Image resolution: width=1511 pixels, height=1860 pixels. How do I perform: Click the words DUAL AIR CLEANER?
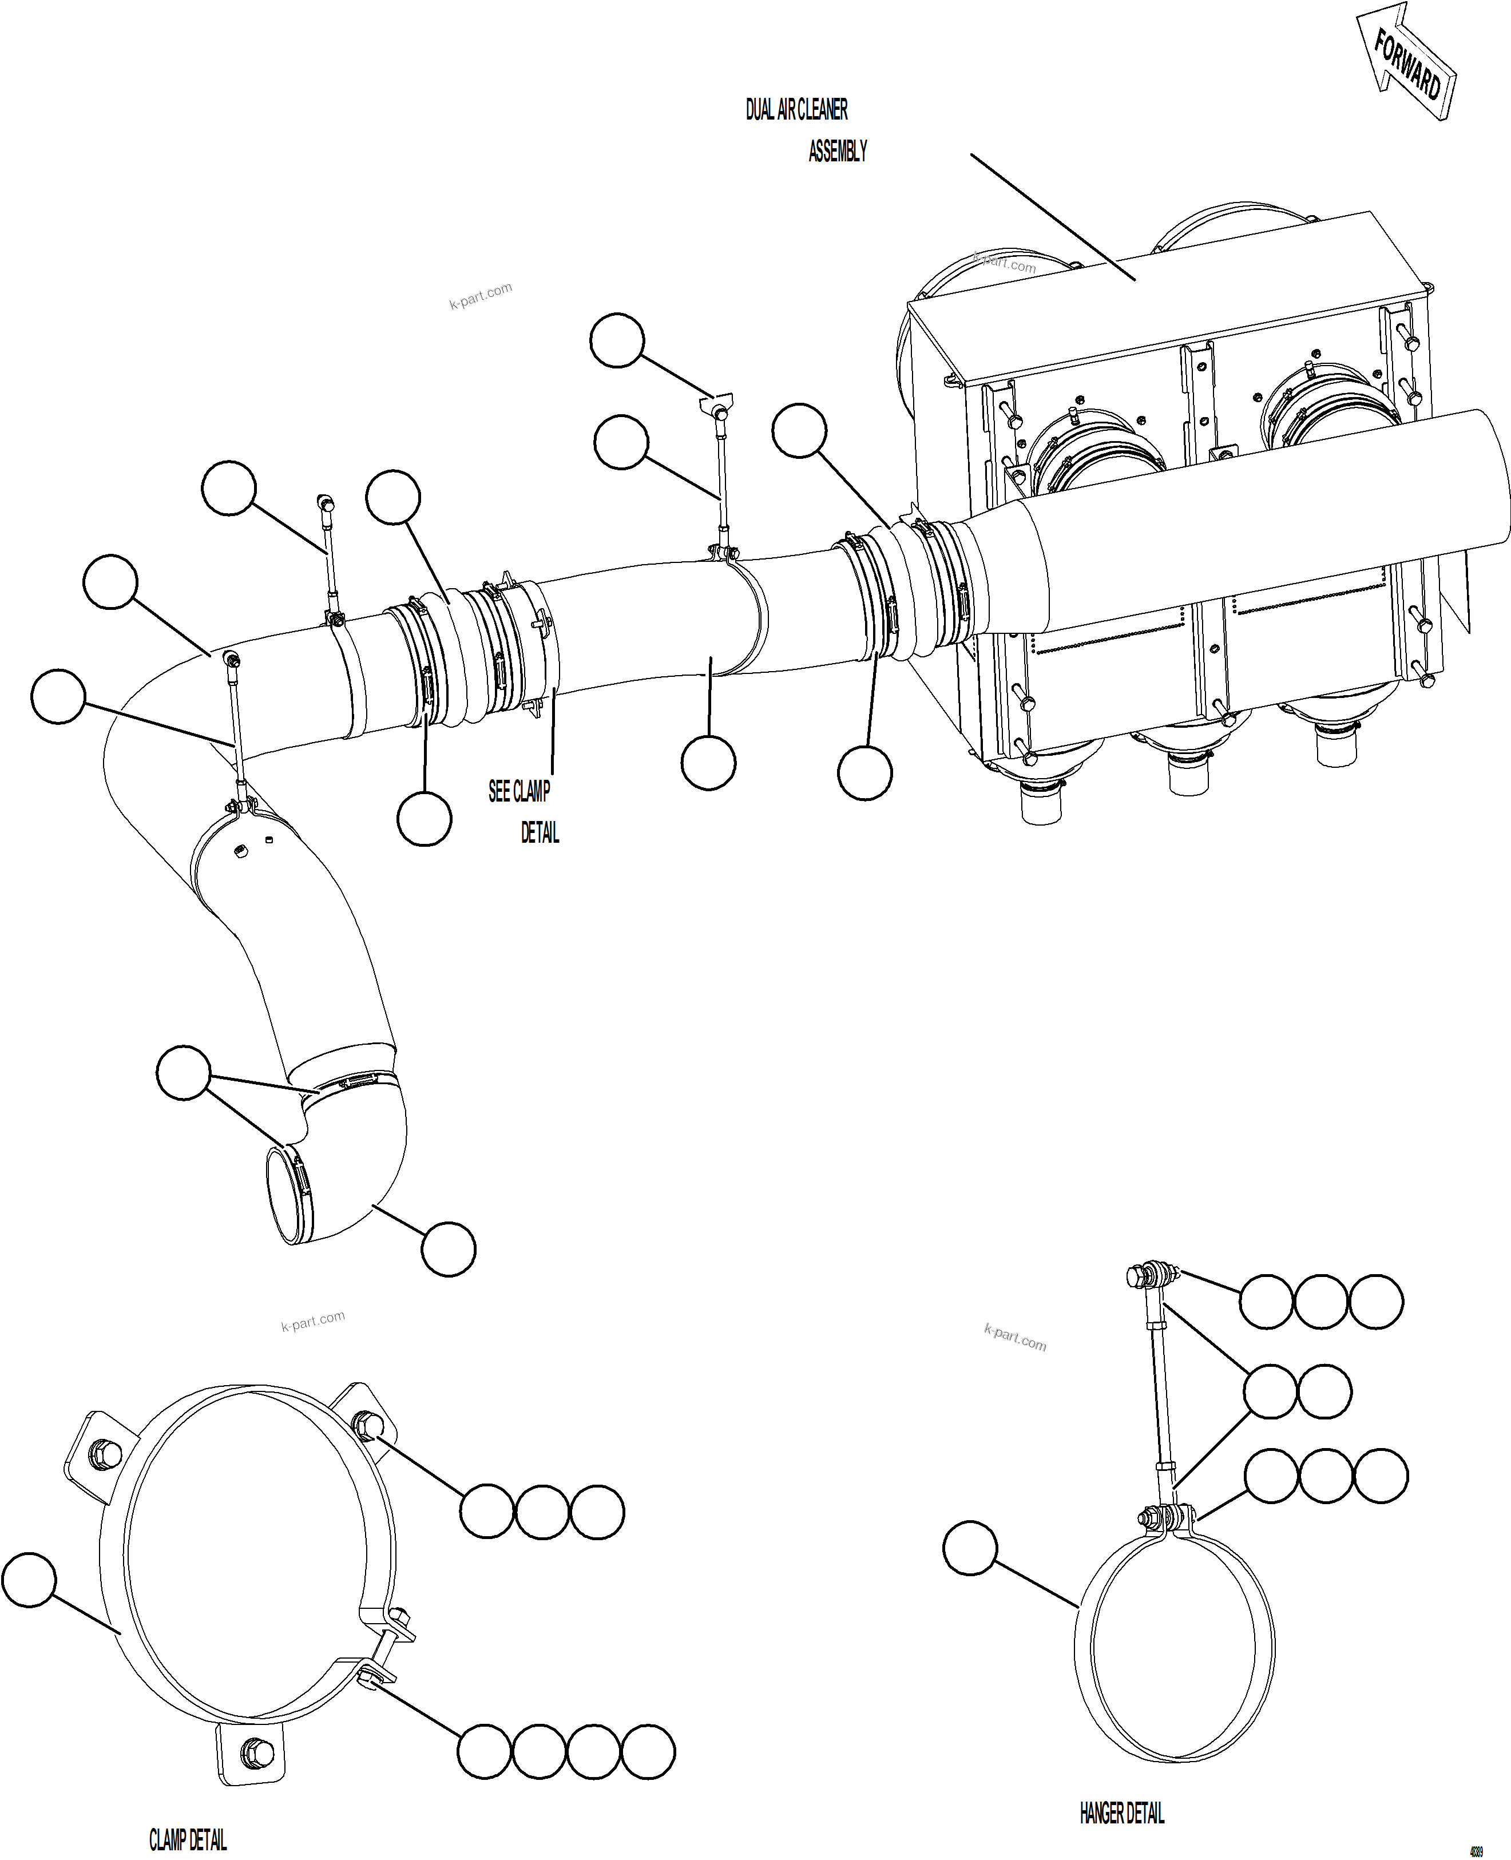coord(796,110)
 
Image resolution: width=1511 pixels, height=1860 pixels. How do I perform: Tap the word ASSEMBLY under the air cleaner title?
coord(838,152)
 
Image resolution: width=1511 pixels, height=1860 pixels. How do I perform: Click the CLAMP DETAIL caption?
coord(188,1839)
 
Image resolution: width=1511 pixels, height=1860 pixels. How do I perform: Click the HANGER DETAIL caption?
coord(1122,1813)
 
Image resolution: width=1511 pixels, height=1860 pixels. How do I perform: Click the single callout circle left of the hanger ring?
coord(970,1548)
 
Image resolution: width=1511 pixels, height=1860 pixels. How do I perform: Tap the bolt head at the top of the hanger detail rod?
coord(1136,1276)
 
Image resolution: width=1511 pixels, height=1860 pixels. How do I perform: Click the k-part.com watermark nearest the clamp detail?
coord(314,1320)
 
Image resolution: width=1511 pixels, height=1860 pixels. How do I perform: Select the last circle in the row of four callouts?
coord(648,1751)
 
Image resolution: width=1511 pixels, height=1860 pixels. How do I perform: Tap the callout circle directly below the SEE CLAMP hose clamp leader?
coord(424,818)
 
